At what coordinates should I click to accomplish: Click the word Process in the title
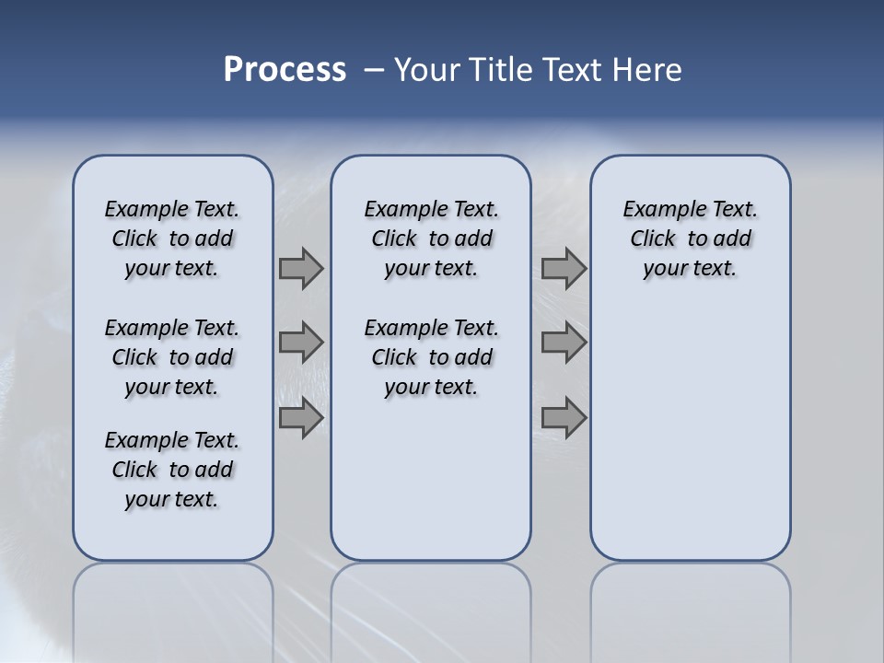[x=285, y=70]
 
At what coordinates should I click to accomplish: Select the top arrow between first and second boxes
[x=301, y=269]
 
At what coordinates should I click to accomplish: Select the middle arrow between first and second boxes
[x=301, y=343]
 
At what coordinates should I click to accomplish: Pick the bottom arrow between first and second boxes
[x=301, y=418]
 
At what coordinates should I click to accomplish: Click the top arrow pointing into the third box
[x=564, y=269]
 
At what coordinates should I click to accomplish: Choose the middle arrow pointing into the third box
[x=564, y=343]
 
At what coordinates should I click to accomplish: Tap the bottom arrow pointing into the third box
[x=564, y=418]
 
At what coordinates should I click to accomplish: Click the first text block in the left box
[x=172, y=238]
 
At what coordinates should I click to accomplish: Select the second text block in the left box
[x=172, y=357]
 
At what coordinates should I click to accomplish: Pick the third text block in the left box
[x=172, y=470]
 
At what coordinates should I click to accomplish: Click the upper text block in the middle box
[x=431, y=238]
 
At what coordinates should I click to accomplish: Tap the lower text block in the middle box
[x=431, y=357]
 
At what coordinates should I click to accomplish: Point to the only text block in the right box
[x=690, y=238]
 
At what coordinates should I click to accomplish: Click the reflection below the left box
[x=173, y=608]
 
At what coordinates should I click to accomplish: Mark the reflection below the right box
[x=690, y=608]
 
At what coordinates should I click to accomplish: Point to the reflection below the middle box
[x=431, y=608]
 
